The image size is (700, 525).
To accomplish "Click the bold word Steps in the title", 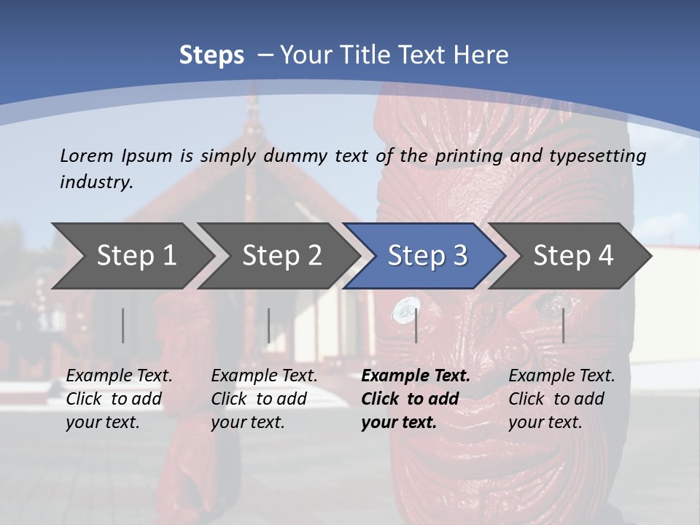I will click(x=211, y=55).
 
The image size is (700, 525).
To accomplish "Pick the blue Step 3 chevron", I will click(x=427, y=256).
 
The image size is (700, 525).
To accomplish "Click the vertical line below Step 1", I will click(x=122, y=325).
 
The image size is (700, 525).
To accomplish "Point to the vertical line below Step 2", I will click(x=268, y=325).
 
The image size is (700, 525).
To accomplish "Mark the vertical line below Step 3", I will click(x=416, y=325).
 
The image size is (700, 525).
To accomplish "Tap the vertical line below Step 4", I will click(x=563, y=325).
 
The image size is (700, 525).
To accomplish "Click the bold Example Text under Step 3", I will click(x=416, y=376).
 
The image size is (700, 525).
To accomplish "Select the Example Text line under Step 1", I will click(x=119, y=376).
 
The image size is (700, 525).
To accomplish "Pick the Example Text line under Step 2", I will click(x=264, y=376).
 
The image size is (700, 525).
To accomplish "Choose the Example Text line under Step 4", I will click(x=561, y=376).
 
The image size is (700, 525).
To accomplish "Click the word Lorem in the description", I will click(x=87, y=155).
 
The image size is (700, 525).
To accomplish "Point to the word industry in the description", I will click(x=96, y=182).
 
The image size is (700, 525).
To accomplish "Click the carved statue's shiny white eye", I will click(x=403, y=311).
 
